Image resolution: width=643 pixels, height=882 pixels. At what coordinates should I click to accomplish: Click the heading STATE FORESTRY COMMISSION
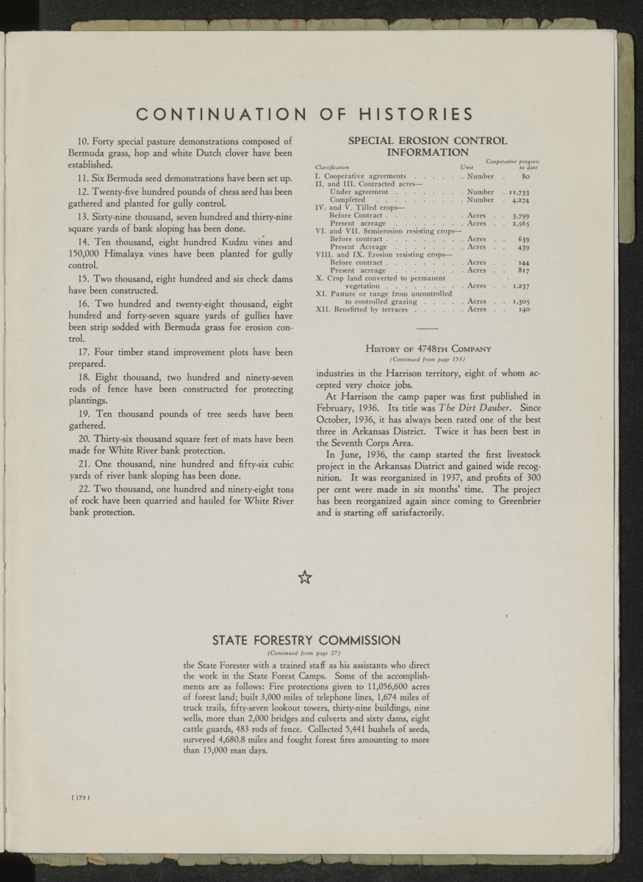point(306,639)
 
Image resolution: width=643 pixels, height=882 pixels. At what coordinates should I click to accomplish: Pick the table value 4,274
point(520,199)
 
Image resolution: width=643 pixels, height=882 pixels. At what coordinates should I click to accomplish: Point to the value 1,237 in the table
point(520,285)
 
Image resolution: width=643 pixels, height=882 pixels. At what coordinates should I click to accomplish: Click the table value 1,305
point(520,301)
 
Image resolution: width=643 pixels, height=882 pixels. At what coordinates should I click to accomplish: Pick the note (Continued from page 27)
point(305,653)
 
